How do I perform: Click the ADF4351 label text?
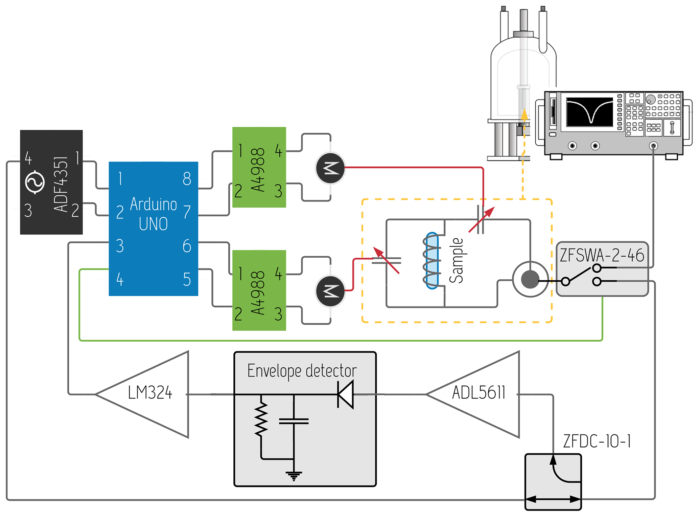click(x=61, y=184)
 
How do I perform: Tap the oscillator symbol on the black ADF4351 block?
click(x=35, y=182)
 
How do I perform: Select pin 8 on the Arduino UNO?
click(x=187, y=178)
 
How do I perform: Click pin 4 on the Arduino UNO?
click(x=120, y=279)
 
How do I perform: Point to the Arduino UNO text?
click(x=154, y=214)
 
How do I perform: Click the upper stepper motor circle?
click(x=330, y=168)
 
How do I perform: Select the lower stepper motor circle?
click(x=330, y=291)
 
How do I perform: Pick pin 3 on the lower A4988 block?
click(x=278, y=314)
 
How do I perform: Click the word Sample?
click(x=456, y=260)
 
